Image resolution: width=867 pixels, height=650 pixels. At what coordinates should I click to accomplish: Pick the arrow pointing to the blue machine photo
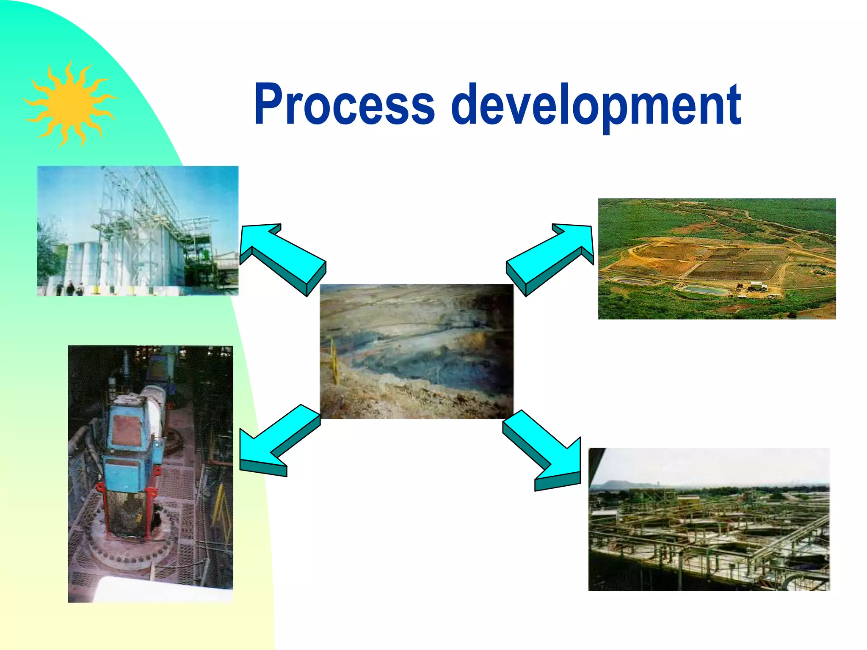coord(279,440)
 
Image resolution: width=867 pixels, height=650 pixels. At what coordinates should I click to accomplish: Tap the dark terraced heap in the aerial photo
coord(737,264)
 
